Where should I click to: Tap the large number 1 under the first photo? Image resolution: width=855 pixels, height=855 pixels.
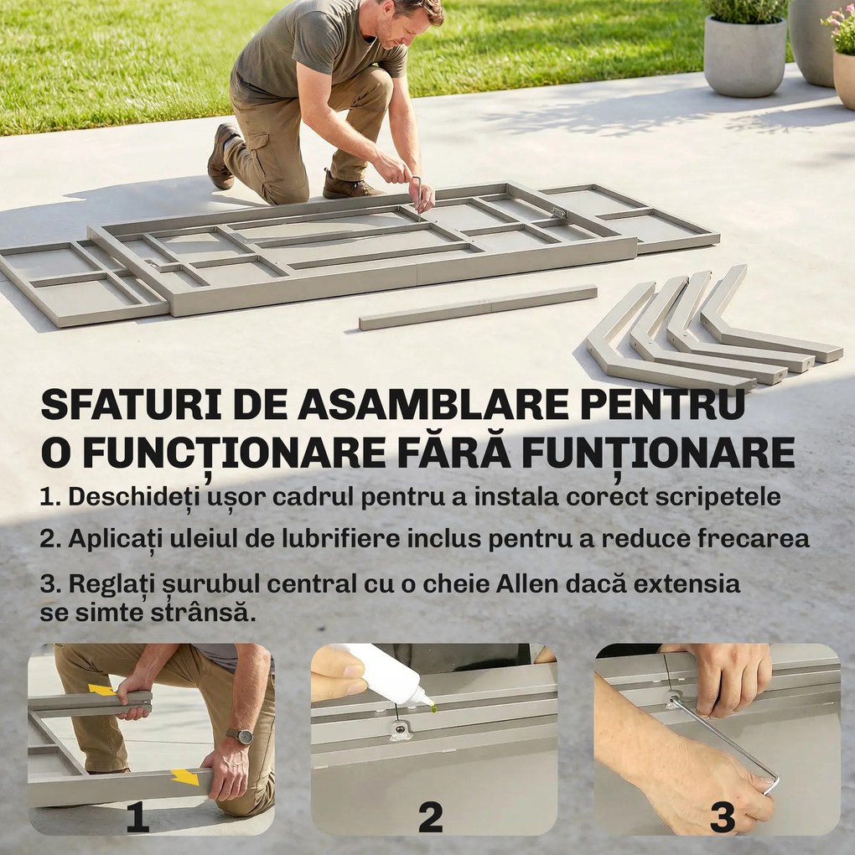pos(137,817)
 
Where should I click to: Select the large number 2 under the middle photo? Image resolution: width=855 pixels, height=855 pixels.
pos(430,817)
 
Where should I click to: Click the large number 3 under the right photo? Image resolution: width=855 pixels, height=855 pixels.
pos(723,817)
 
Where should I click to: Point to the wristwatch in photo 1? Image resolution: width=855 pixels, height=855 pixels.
pos(241,736)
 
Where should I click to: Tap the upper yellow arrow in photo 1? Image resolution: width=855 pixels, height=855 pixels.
pos(102,690)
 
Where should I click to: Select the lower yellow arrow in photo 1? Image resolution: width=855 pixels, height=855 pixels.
pos(184,776)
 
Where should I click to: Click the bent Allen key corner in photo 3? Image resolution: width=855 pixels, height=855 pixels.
pos(769,783)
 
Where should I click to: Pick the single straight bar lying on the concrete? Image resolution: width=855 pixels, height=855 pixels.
pos(478,307)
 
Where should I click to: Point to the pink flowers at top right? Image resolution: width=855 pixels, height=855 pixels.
pos(840,23)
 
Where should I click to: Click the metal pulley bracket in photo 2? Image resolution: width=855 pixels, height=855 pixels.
pos(402,730)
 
